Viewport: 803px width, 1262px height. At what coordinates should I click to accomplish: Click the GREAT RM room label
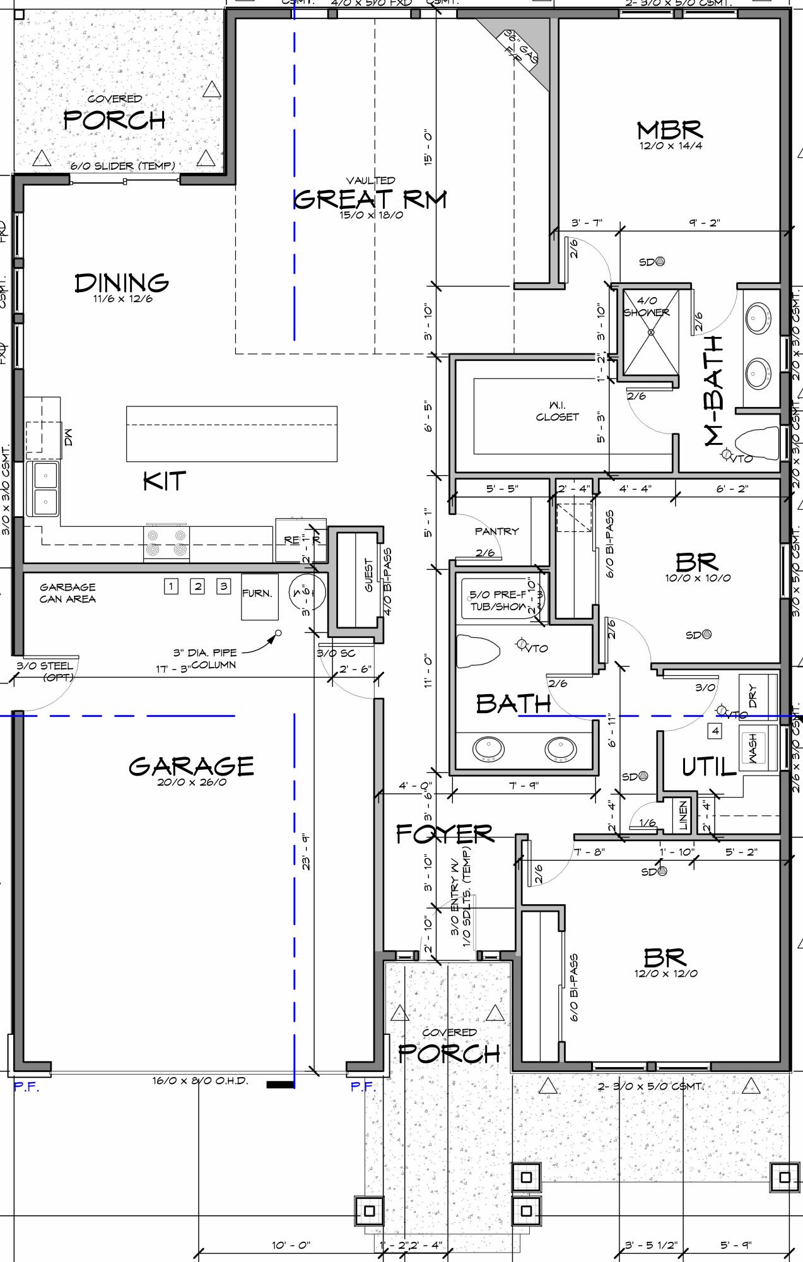coord(370,199)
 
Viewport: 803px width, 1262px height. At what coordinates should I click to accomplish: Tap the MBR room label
coord(669,131)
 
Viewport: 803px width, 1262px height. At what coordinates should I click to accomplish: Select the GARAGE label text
coord(191,766)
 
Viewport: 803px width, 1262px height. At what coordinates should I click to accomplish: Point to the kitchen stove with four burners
coord(168,543)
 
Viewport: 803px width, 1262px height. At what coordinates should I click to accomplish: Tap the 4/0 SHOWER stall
coord(650,331)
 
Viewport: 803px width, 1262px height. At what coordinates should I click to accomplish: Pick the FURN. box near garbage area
coord(259,595)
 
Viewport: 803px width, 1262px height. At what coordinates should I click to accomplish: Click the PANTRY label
coord(496,531)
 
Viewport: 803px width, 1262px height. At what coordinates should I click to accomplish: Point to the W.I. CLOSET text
coord(557,411)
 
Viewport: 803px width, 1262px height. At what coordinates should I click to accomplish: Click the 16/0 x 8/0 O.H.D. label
coord(200,1080)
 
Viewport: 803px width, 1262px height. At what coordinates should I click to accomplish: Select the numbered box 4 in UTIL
coord(715,731)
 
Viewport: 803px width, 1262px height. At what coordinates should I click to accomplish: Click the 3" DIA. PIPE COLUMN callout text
coord(205,659)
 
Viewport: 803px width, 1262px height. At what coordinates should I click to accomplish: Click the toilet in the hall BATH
coord(477,651)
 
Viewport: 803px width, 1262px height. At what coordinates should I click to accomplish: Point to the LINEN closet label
coord(683,815)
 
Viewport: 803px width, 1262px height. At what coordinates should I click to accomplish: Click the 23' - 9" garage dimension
coord(306,852)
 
